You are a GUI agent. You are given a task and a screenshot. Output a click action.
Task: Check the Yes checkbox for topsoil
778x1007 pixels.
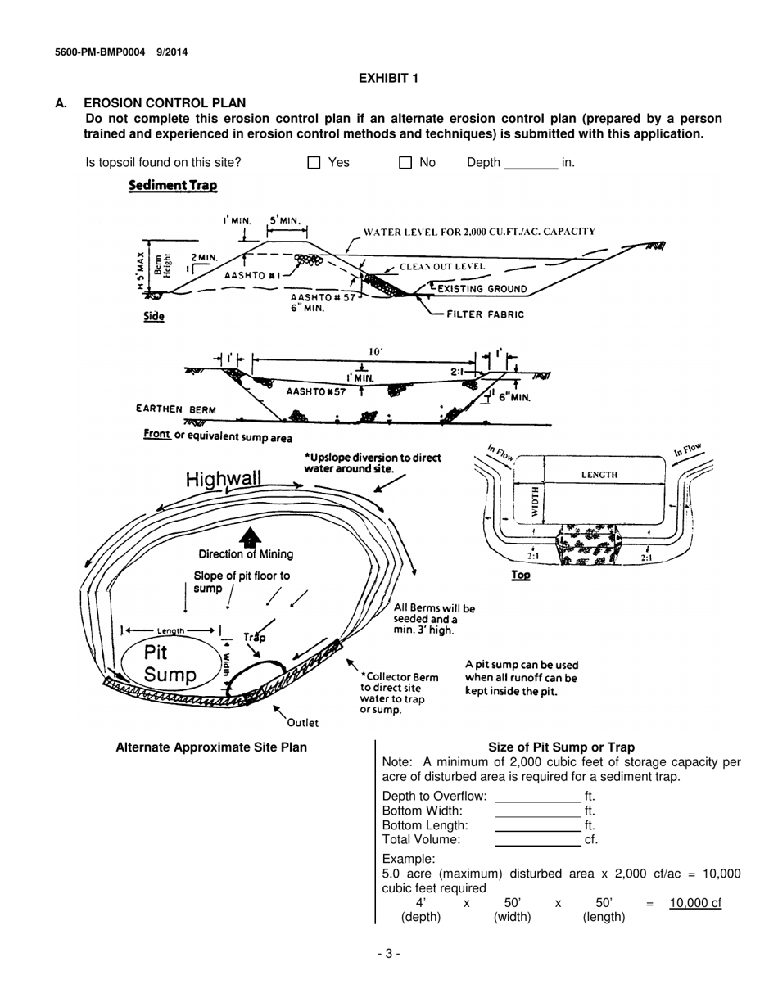314,163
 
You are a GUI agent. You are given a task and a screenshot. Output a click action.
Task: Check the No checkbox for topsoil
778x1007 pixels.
405,163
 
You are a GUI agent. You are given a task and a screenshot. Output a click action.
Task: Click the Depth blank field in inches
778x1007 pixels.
531,163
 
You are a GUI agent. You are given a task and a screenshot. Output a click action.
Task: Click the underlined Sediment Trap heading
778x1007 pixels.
173,186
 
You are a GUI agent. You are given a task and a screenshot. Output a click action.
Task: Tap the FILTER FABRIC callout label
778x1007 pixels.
485,314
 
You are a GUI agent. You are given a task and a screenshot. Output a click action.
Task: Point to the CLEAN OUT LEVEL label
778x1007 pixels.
441,267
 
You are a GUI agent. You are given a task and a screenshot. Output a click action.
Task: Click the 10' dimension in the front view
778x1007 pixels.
377,351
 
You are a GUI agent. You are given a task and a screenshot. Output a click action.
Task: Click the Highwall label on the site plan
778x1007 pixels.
224,479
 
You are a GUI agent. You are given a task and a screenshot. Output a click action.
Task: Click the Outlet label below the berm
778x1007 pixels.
302,723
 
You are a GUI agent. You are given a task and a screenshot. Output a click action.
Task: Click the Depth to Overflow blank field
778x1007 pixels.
538,796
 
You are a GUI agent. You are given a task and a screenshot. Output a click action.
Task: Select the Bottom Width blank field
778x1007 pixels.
538,811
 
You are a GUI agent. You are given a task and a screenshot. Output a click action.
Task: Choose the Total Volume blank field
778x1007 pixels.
538,839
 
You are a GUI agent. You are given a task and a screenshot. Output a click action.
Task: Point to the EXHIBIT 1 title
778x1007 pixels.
389,78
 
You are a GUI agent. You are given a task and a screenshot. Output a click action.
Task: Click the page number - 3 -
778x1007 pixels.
388,953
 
